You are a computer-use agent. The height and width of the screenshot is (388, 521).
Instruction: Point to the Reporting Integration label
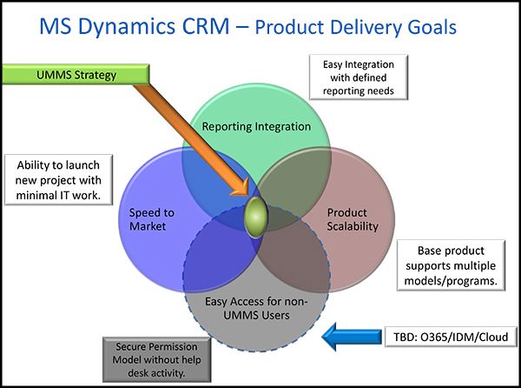(255, 127)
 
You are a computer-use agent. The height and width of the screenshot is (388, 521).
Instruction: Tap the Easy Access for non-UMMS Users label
(257, 308)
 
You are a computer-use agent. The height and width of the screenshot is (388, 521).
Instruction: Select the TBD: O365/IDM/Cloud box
(445, 335)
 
